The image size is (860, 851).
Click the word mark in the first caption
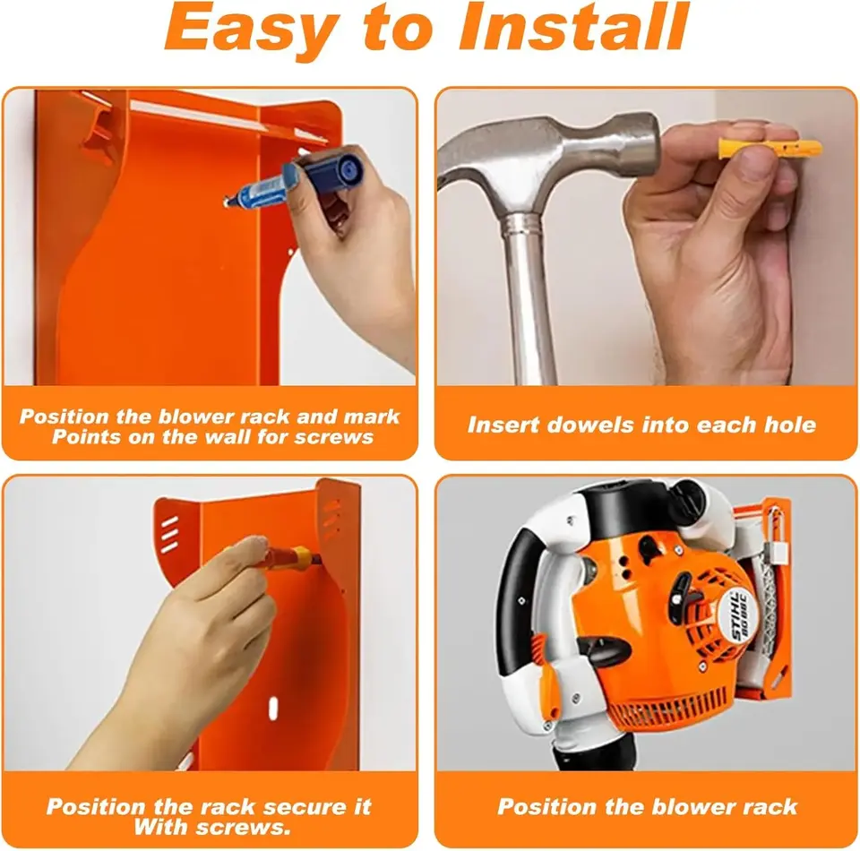pos(371,417)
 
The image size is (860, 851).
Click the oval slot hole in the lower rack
pos(272,709)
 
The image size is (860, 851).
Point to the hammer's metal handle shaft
pos(526,297)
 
